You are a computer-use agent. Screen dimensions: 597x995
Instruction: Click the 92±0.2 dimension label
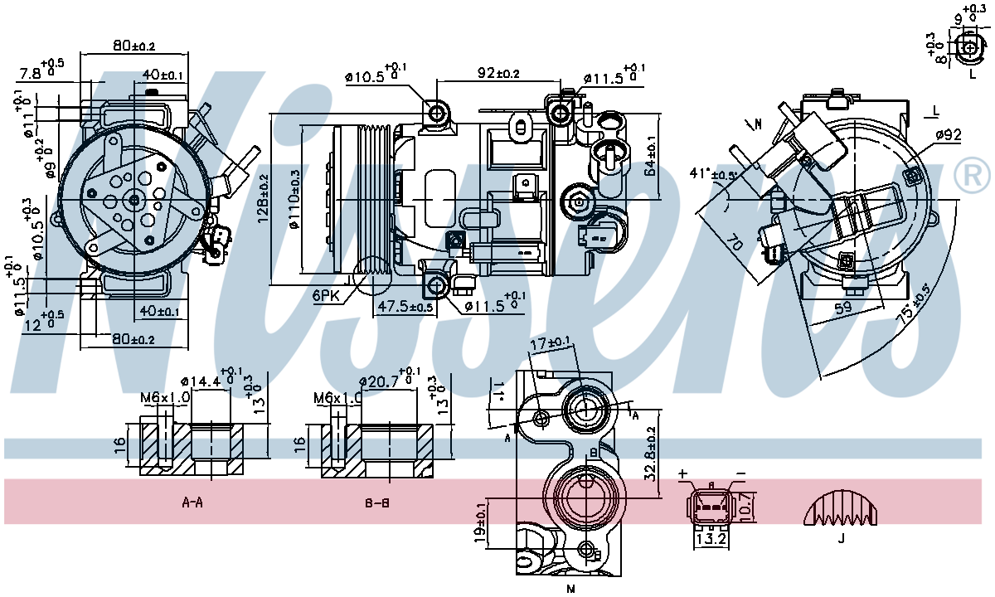click(x=498, y=73)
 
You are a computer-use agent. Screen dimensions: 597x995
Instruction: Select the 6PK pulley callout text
click(x=327, y=296)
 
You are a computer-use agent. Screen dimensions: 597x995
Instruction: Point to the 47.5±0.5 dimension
click(x=405, y=306)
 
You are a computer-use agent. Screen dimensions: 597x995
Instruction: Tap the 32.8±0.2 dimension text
click(x=651, y=453)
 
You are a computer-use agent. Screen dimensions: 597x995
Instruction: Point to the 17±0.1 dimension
click(x=551, y=342)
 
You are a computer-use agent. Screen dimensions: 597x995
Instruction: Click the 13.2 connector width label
click(x=711, y=539)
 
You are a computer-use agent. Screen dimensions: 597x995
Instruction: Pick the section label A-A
click(x=192, y=502)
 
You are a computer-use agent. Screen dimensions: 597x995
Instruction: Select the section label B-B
click(x=377, y=502)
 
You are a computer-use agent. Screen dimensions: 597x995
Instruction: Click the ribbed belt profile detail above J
click(x=841, y=507)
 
